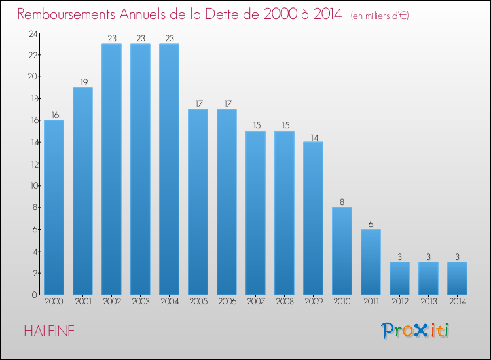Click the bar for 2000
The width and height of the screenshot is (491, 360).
click(54, 207)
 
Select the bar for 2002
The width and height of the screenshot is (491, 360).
click(111, 169)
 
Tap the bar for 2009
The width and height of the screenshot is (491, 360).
click(313, 218)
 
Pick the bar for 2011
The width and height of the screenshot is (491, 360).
click(371, 262)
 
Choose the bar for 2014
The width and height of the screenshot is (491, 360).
click(457, 278)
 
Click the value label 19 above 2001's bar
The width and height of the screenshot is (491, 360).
click(82, 82)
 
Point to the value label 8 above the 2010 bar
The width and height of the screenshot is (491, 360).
click(342, 202)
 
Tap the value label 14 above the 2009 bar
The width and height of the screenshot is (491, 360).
click(313, 136)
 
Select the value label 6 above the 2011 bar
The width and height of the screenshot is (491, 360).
click(371, 223)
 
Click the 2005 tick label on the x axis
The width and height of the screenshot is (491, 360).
click(198, 302)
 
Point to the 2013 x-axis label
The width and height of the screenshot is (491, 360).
click(428, 302)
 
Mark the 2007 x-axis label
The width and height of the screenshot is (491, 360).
click(255, 302)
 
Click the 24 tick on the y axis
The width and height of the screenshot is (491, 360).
click(31, 33)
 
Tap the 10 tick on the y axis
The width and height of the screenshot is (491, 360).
click(31, 185)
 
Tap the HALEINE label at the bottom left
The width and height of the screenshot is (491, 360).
click(49, 331)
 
